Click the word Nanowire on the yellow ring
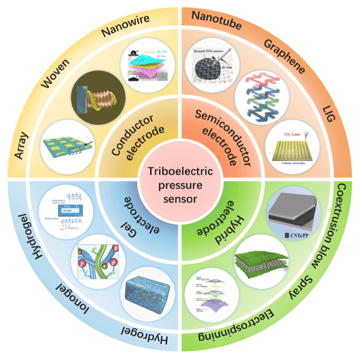click(124, 26)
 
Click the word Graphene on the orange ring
click(284, 56)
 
